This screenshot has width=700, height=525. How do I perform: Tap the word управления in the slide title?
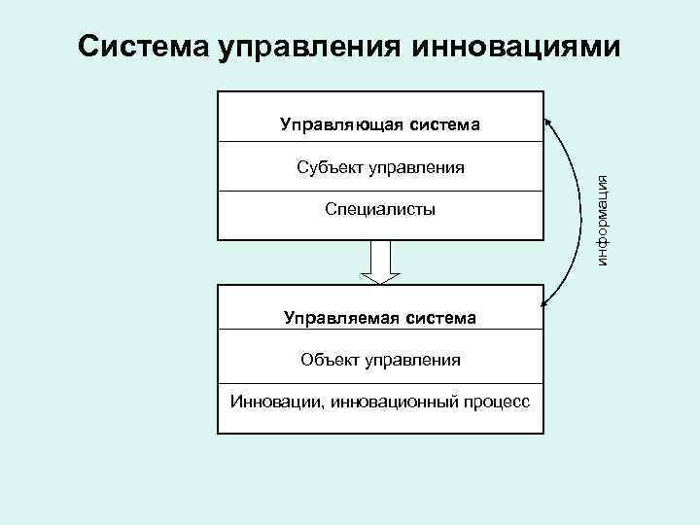(x=311, y=46)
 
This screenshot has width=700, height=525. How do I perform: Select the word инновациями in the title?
(x=516, y=46)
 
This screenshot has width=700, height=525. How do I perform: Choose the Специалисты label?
(x=380, y=209)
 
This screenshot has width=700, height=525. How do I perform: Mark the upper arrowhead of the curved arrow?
(x=547, y=121)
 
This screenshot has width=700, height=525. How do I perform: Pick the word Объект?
(x=331, y=360)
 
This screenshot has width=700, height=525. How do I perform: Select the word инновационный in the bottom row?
(x=383, y=401)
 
